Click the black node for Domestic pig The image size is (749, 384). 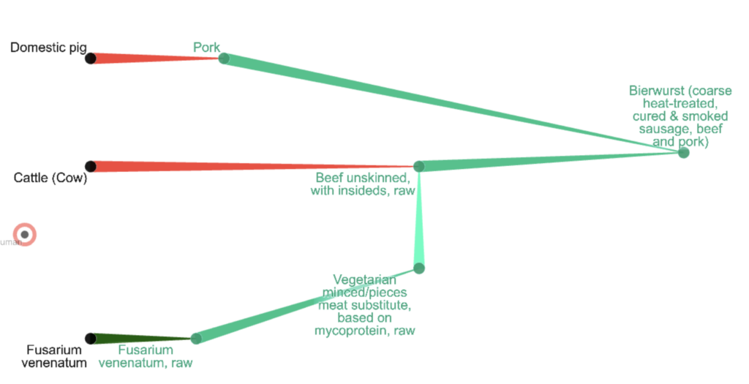[91, 59]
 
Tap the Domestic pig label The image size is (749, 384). [48, 48]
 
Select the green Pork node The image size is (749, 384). [224, 59]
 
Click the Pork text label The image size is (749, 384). [206, 47]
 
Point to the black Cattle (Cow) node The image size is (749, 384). [91, 167]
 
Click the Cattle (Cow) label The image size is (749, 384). [50, 178]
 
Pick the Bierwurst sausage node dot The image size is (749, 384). [683, 153]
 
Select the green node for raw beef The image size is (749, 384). [419, 167]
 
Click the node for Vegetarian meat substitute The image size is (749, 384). [419, 268]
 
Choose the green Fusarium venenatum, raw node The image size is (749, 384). [196, 339]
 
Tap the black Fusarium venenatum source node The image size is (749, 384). [91, 339]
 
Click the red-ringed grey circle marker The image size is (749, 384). [25, 235]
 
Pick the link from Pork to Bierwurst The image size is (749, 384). [453, 106]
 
